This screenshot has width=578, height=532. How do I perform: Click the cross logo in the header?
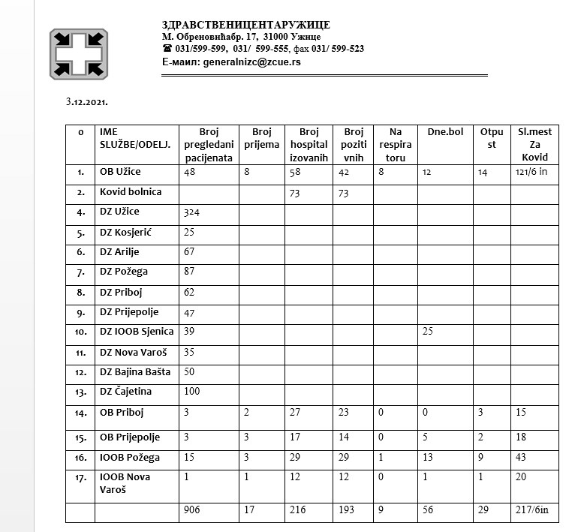[x=79, y=53]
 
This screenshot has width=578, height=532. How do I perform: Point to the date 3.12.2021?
[x=86, y=100]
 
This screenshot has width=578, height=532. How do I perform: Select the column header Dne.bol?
[x=445, y=132]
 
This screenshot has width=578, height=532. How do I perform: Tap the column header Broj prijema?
[x=260, y=137]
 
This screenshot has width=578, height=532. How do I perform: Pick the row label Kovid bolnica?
[x=131, y=192]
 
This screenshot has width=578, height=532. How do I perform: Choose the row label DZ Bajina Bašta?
[x=135, y=372]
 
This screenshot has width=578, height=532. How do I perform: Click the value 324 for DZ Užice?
[x=192, y=212]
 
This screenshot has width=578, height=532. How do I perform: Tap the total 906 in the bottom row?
[x=192, y=510]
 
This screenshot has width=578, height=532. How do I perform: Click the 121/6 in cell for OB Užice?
[x=534, y=173]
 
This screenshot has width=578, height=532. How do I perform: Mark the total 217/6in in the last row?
[x=534, y=510]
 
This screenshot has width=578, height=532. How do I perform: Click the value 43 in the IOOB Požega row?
[x=522, y=456]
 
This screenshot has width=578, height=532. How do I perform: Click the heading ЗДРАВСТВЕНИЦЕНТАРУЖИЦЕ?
[x=245, y=25]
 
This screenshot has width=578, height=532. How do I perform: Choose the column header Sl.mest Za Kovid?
[x=534, y=144]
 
